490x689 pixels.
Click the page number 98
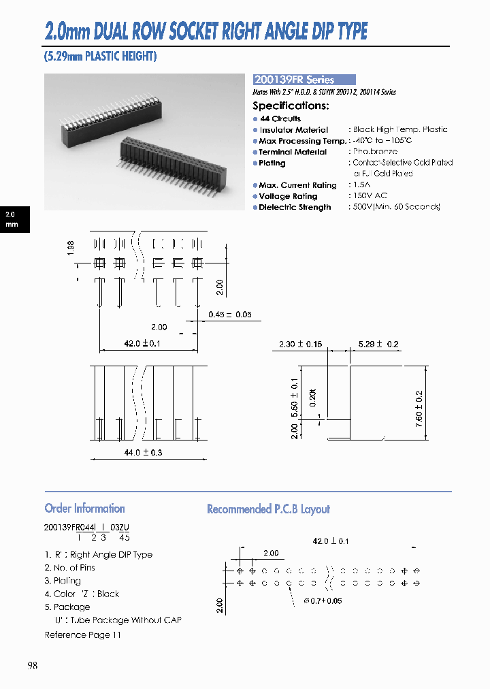[32, 666]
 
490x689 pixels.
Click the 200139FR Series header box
[304, 80]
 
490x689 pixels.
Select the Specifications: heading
[291, 106]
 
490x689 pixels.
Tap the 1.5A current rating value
[361, 185]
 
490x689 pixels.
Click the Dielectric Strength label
[295, 207]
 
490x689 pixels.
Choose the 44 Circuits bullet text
[280, 118]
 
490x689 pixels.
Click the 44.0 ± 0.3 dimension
[143, 452]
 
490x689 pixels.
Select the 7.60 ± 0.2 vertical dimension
[419, 406]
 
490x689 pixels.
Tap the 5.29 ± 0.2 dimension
[378, 344]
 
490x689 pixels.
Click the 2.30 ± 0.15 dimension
[300, 344]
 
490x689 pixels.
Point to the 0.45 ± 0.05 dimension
[229, 315]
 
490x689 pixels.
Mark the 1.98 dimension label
[71, 247]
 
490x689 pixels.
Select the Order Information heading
[84, 509]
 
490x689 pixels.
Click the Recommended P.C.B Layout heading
[268, 509]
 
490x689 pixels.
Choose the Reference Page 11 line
[82, 635]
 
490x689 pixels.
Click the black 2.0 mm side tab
[13, 219]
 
